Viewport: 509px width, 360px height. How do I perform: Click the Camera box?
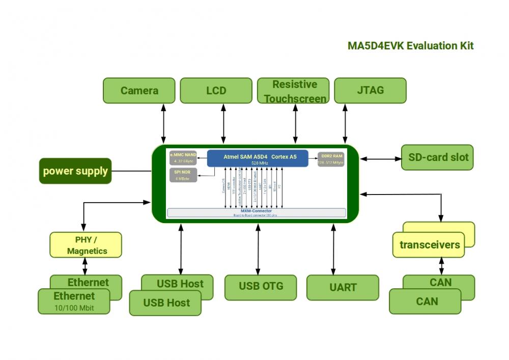(139, 91)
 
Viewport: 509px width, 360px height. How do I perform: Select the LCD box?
(216, 91)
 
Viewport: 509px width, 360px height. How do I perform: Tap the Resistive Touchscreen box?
(294, 91)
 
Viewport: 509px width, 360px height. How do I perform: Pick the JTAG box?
(370, 91)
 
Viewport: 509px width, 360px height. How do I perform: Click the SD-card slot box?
(438, 157)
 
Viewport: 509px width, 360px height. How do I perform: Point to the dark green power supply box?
(75, 171)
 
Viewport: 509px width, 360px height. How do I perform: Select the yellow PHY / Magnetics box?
(86, 245)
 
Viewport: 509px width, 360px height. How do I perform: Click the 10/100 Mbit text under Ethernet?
(74, 308)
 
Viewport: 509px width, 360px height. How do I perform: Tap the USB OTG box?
(261, 286)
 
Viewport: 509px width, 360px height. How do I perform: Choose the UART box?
(343, 287)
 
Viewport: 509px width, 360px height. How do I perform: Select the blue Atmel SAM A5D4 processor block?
(258, 158)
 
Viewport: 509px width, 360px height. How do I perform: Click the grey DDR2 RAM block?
(331, 158)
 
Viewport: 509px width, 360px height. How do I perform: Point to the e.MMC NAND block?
(183, 158)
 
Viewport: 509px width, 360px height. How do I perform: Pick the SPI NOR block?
(183, 175)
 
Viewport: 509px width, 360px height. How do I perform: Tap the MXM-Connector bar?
(257, 212)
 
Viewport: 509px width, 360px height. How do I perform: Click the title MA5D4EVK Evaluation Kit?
(410, 46)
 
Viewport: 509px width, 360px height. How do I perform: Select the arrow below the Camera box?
(163, 124)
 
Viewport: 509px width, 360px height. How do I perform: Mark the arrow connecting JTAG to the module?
(345, 124)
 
